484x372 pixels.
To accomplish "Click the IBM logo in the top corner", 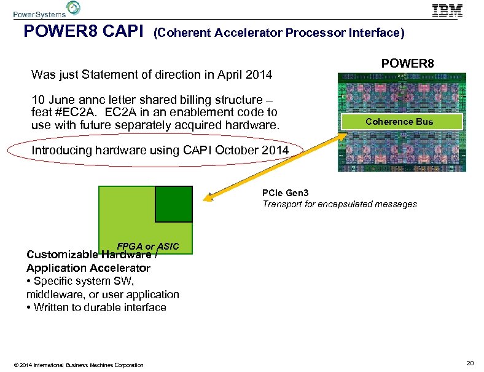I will [x=447, y=10].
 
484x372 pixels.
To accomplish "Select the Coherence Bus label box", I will [x=399, y=122].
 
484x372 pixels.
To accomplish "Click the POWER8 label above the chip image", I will [x=407, y=63].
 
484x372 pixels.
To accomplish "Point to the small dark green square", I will [x=173, y=204].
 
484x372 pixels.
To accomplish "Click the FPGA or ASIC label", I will [x=148, y=247].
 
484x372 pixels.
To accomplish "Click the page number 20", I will [x=470, y=363].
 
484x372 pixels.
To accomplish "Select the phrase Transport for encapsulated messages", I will [x=340, y=204].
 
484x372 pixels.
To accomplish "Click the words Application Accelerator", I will [x=88, y=267].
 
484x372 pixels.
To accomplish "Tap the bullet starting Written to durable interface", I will [x=96, y=307].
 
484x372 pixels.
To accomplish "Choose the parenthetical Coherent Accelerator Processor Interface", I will [x=279, y=33].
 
